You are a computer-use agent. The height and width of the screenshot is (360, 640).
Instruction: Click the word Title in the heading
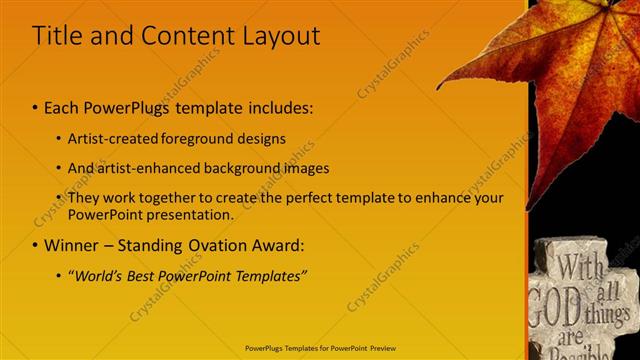click(56, 36)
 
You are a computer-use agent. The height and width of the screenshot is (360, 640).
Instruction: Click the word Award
click(282, 245)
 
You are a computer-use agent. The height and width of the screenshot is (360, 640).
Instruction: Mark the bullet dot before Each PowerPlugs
click(36, 107)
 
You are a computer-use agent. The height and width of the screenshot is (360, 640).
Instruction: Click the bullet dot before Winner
click(36, 245)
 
